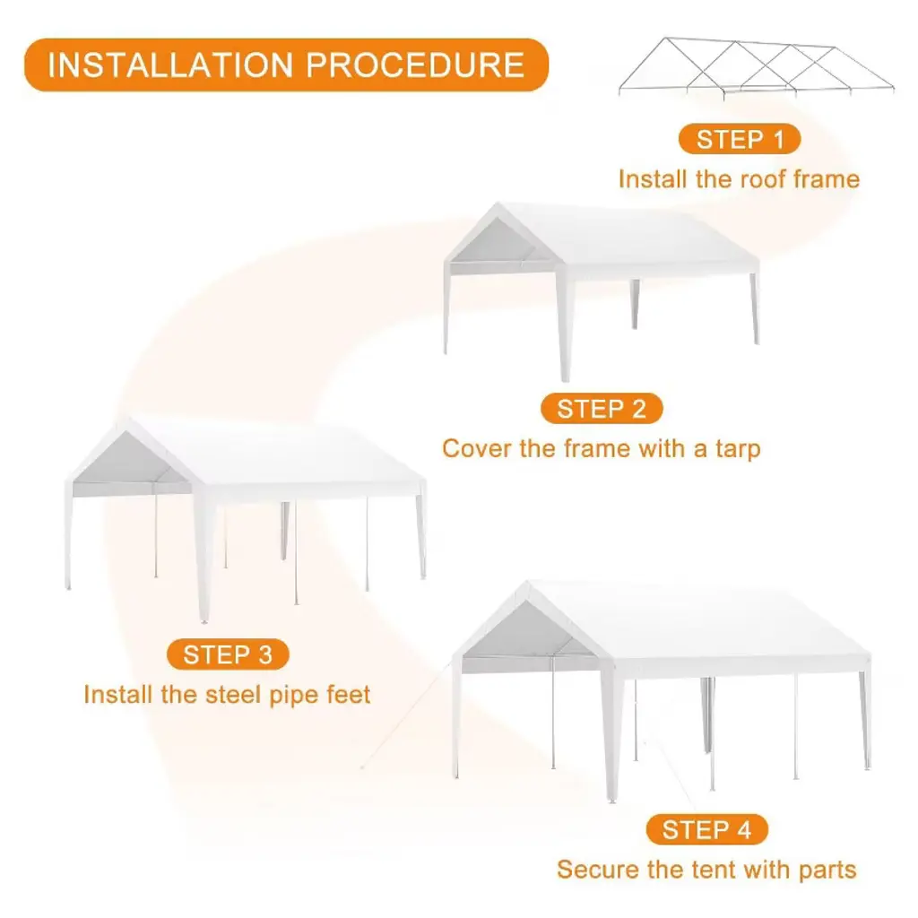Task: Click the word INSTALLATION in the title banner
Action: (x=170, y=65)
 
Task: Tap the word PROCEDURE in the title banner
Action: (x=415, y=65)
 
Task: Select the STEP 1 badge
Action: (x=740, y=139)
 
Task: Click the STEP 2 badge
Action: (x=602, y=409)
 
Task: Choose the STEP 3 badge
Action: (x=228, y=654)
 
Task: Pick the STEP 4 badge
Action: (x=706, y=829)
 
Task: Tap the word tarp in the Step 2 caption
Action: (x=738, y=450)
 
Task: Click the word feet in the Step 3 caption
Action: (x=349, y=695)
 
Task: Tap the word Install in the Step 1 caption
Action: (x=653, y=179)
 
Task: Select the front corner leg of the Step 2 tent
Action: (x=565, y=324)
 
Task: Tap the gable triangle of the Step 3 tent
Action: (x=129, y=460)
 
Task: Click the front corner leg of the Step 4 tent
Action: (x=612, y=732)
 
